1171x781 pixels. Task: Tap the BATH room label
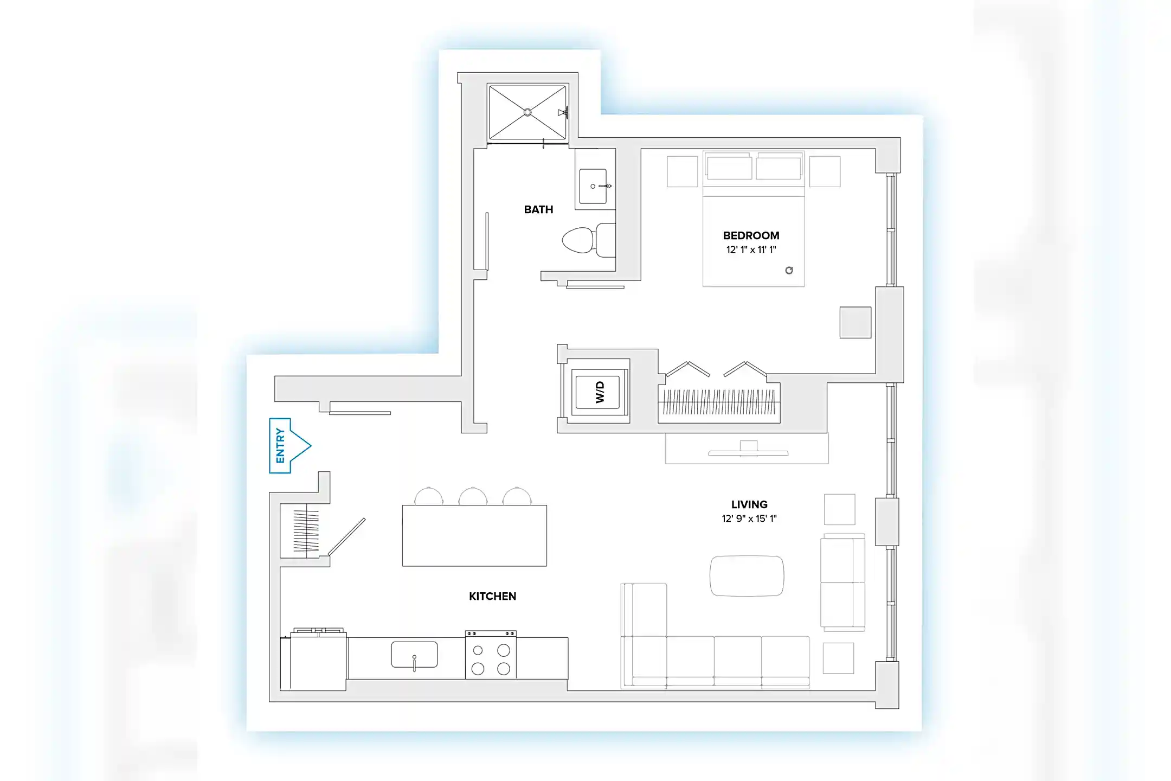pos(538,209)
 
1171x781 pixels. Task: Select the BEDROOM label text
pos(751,235)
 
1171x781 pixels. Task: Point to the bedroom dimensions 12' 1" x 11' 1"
pos(751,249)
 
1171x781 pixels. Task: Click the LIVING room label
pos(749,504)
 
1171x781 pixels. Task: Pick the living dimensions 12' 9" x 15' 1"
pos(749,518)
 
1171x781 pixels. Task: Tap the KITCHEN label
pos(492,596)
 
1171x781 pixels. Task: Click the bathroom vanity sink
pos(593,186)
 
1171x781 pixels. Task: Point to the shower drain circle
pos(527,112)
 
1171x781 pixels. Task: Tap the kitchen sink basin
pos(414,654)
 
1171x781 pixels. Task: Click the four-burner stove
pos(491,658)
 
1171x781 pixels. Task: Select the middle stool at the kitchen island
pos(473,496)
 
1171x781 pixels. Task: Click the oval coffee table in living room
pos(747,575)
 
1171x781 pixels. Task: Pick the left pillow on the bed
pos(729,168)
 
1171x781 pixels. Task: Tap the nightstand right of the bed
pos(825,171)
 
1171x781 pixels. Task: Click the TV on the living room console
pos(748,452)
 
